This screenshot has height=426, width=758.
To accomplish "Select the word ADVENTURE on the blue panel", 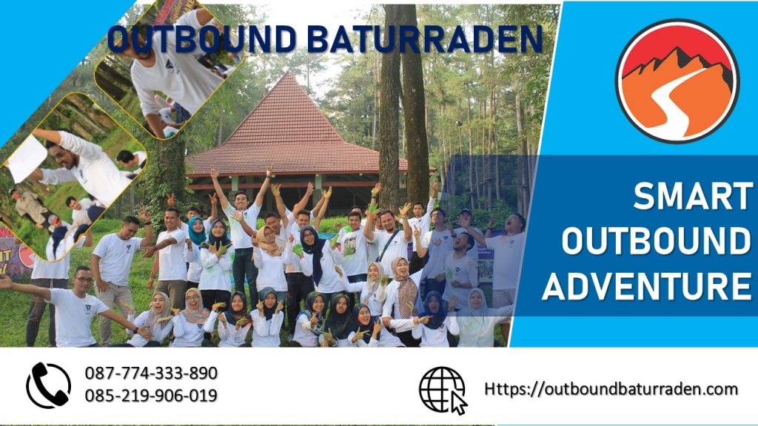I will click(646, 285).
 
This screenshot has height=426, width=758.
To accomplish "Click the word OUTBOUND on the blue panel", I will click(656, 242).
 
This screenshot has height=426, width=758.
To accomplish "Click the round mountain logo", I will click(677, 81).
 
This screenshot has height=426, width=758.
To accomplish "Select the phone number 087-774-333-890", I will click(151, 373).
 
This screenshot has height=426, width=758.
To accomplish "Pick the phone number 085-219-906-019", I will click(151, 396).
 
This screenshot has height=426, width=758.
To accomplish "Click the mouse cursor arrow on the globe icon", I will click(459, 404).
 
